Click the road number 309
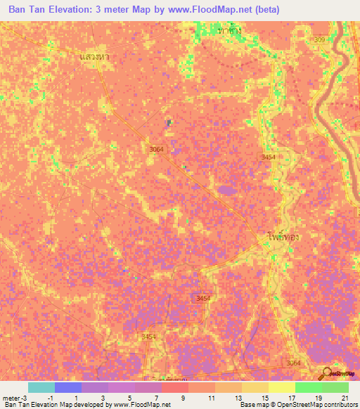point(320,40)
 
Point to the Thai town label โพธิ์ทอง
point(285,238)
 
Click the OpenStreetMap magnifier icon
point(326,373)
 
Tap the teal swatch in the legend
point(41,387)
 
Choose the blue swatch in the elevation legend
point(68,387)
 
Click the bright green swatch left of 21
point(309,387)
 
